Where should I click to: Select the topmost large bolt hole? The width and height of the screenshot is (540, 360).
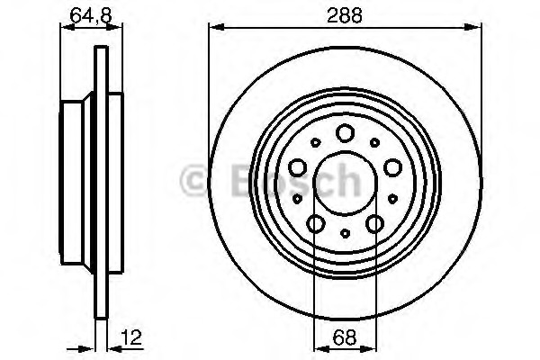point(346,134)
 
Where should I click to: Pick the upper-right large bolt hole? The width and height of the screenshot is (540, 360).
point(391,166)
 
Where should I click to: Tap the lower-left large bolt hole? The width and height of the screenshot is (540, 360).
point(317,222)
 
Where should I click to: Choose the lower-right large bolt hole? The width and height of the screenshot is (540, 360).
point(374,222)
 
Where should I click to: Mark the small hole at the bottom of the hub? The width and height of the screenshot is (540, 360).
point(346,233)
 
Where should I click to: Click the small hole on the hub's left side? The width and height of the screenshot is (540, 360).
point(295,196)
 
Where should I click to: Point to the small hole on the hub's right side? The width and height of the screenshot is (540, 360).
point(396,196)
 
